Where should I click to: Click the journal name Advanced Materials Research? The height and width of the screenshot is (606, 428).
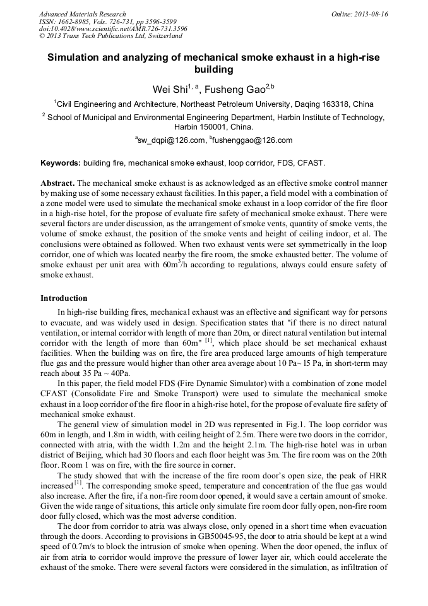tap(82, 14)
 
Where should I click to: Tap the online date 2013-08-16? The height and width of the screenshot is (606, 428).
tap(371, 14)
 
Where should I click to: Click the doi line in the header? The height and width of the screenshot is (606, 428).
tap(113, 29)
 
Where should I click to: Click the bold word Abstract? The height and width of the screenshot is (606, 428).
tap(57, 182)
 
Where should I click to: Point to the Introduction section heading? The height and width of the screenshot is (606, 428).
tap(64, 298)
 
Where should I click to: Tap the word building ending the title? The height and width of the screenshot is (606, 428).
tap(214, 70)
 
